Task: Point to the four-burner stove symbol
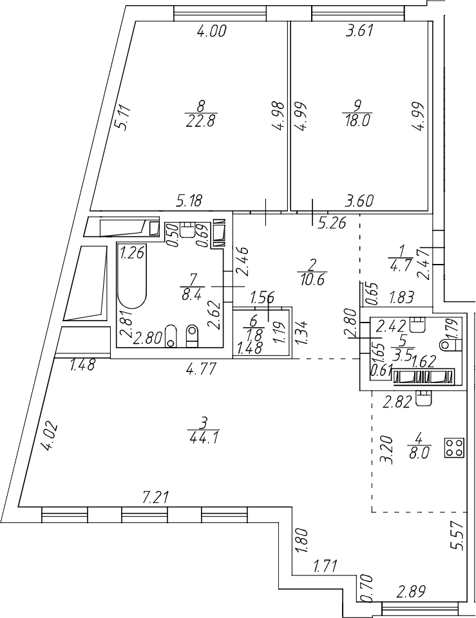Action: (454, 447)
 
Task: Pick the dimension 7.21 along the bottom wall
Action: (155, 496)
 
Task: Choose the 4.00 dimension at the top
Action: (211, 31)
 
